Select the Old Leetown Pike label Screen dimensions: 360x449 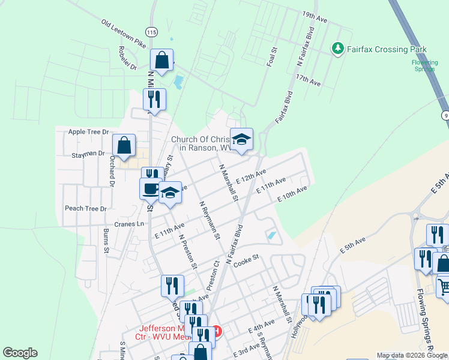pyautogui.click(x=124, y=34)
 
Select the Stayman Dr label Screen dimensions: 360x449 pyautogui.click(x=89, y=154)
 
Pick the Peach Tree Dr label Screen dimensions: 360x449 pyautogui.click(x=85, y=209)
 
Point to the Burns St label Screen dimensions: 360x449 pyautogui.click(x=106, y=239)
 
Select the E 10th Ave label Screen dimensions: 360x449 pyautogui.click(x=292, y=194)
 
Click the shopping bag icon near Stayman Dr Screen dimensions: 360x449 pyautogui.click(x=124, y=145)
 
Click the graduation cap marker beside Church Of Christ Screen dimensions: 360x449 pyautogui.click(x=241, y=140)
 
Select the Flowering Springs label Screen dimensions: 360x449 pyautogui.click(x=425, y=65)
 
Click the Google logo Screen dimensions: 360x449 pyautogui.click(x=20, y=353)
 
